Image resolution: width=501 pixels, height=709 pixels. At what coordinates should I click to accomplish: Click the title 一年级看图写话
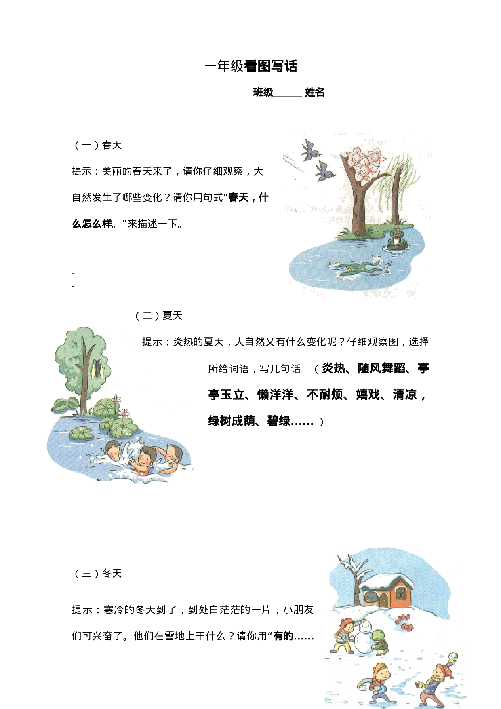pyautogui.click(x=251, y=66)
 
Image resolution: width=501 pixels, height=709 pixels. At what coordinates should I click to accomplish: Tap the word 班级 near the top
pyautogui.click(x=263, y=93)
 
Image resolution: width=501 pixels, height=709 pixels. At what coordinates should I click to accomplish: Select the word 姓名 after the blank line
pyautogui.click(x=315, y=93)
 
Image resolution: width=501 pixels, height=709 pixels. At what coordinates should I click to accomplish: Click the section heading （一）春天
pyautogui.click(x=97, y=145)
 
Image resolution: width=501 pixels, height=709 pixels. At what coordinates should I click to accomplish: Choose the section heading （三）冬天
pyautogui.click(x=97, y=574)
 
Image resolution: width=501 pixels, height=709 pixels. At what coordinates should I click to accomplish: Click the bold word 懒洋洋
pyautogui.click(x=276, y=395)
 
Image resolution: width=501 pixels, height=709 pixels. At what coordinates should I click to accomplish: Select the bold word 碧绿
pyautogui.click(x=279, y=421)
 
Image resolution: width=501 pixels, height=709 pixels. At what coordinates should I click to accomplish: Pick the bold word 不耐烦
pyautogui.click(x=325, y=395)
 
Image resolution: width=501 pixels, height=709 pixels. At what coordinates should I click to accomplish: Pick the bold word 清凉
pyautogui.click(x=405, y=395)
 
